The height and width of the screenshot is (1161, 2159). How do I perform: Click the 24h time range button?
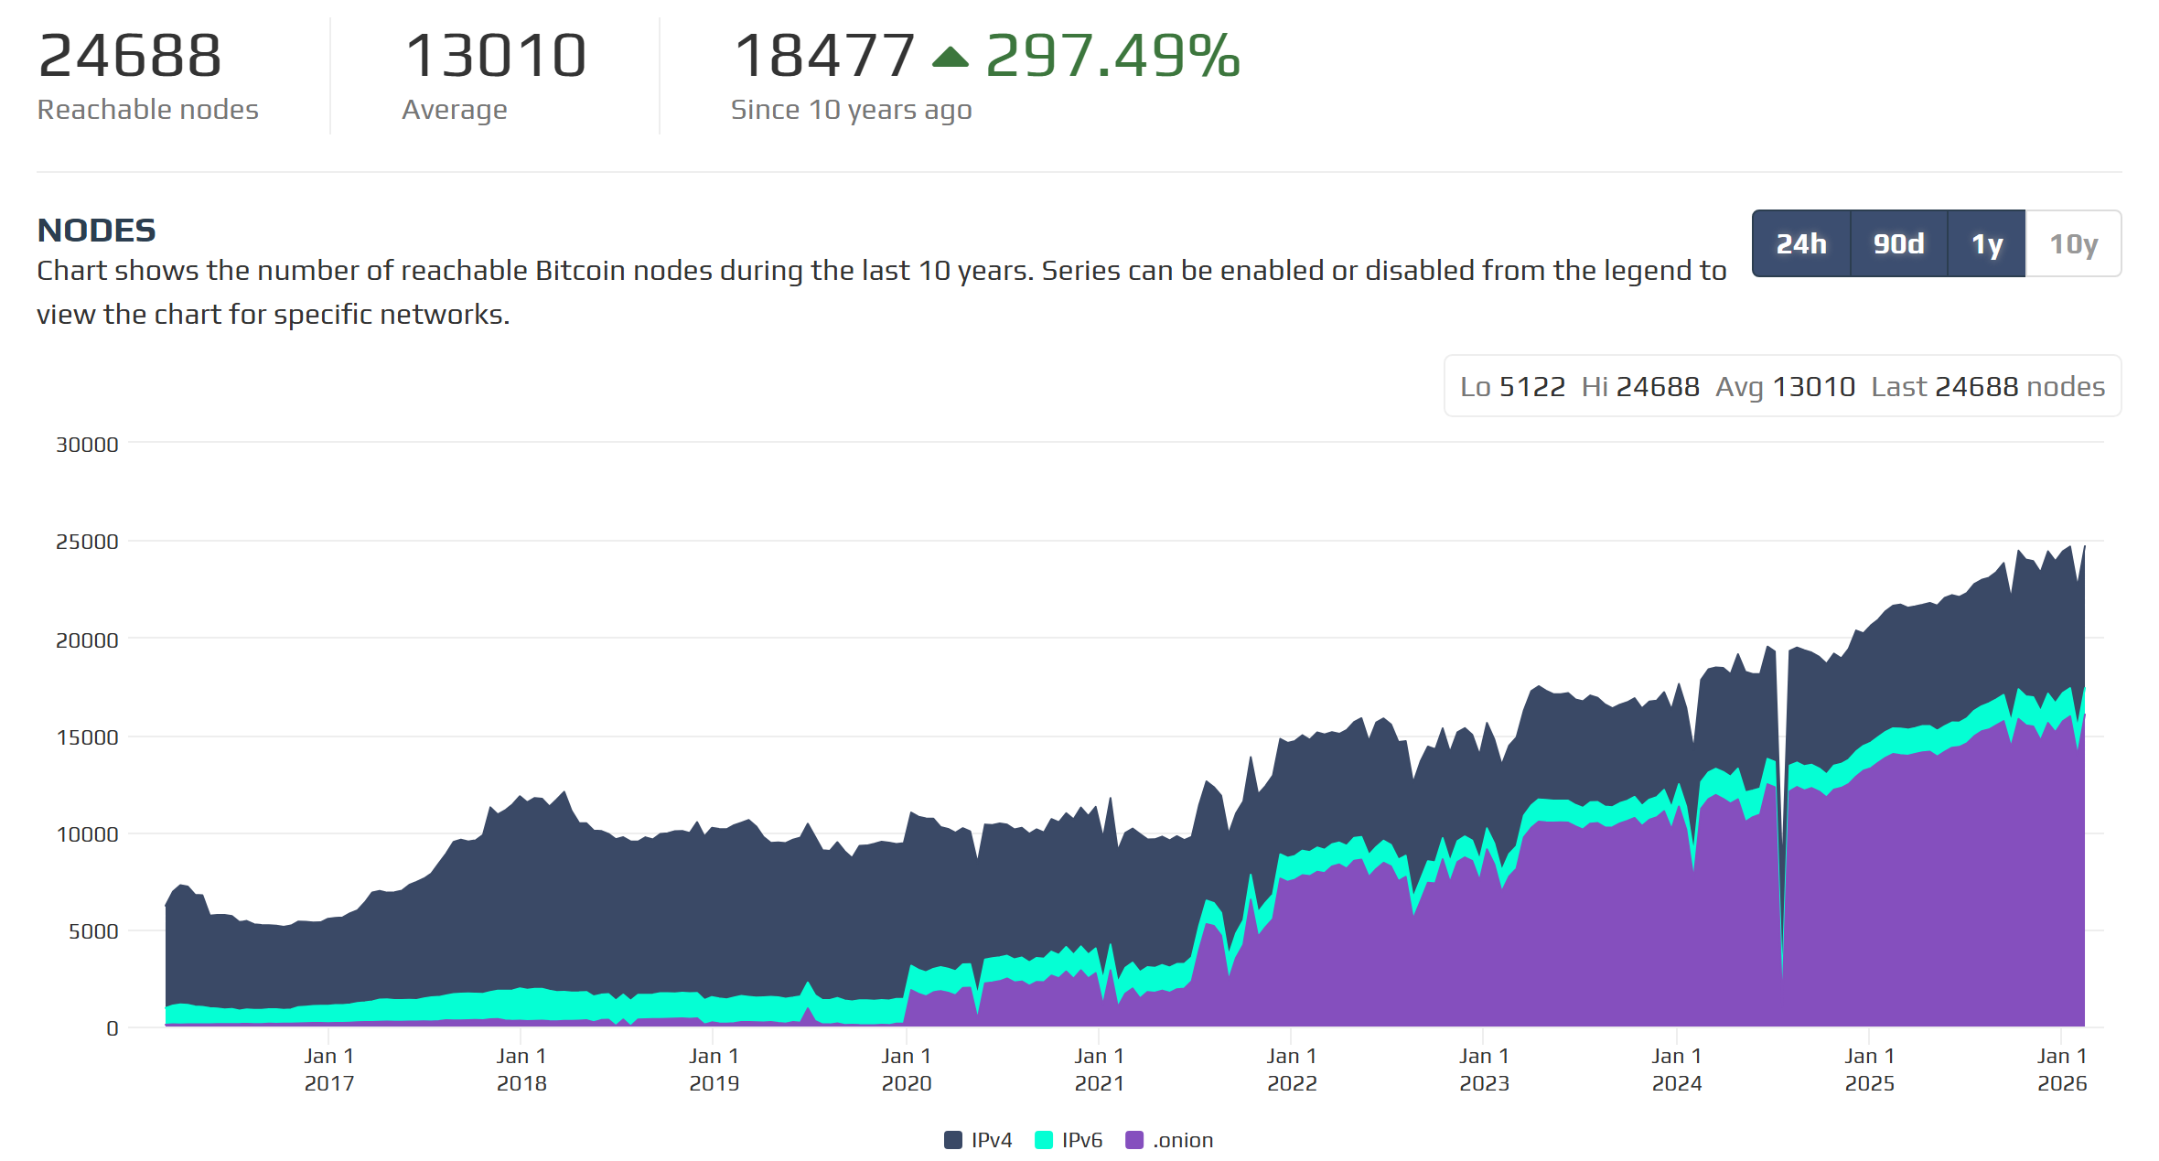(x=1800, y=244)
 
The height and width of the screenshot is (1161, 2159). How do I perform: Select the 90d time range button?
(x=1898, y=244)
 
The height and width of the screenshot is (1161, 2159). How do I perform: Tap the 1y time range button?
(x=1986, y=244)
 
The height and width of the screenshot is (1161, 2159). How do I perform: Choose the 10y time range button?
(x=2073, y=244)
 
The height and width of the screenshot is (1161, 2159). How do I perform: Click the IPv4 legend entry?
(x=978, y=1140)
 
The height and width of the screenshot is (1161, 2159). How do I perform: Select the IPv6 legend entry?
(x=1069, y=1140)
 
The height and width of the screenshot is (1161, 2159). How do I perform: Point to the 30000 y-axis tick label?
(x=87, y=445)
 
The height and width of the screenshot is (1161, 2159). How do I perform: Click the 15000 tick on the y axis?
(x=87, y=737)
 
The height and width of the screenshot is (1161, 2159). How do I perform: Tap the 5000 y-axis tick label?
(x=92, y=931)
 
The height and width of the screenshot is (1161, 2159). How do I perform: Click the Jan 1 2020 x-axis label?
(x=906, y=1070)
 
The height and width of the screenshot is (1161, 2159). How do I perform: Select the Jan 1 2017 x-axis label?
(x=328, y=1070)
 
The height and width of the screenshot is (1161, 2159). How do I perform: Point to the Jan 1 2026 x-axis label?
(x=2061, y=1070)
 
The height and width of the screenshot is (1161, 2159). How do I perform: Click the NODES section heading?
(x=96, y=231)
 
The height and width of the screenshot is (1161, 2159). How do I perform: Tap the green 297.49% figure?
(x=1112, y=56)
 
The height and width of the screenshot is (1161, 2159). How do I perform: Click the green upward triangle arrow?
(x=950, y=58)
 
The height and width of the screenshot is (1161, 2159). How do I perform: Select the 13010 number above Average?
(x=495, y=56)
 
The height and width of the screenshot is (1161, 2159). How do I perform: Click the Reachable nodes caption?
(x=147, y=110)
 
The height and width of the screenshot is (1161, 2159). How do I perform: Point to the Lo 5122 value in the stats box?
(x=1512, y=387)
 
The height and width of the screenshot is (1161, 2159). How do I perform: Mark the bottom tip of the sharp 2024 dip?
(x=1782, y=975)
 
